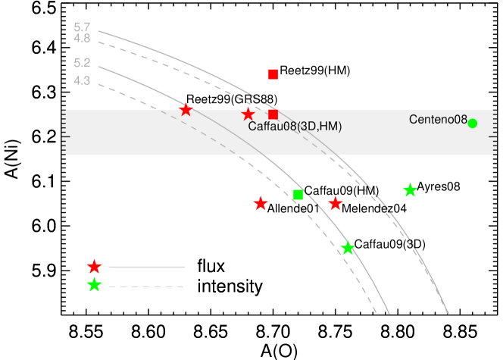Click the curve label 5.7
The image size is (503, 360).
82,27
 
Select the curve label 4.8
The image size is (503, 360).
82,39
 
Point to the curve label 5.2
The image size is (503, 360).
82,64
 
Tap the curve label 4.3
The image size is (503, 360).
82,81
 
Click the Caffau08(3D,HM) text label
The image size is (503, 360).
295,127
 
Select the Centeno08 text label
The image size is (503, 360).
438,120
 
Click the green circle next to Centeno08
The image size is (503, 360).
473,124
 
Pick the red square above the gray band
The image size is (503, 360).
273,74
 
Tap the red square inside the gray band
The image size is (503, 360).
273,114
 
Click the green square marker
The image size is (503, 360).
298,195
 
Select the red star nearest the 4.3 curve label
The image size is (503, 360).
186,110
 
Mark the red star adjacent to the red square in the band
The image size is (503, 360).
248,114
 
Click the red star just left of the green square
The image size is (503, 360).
261,204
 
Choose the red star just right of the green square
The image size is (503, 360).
336,204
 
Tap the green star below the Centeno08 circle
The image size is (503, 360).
410,190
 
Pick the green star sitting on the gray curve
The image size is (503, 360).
348,249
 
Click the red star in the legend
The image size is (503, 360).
94,267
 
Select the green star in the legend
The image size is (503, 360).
94,286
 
